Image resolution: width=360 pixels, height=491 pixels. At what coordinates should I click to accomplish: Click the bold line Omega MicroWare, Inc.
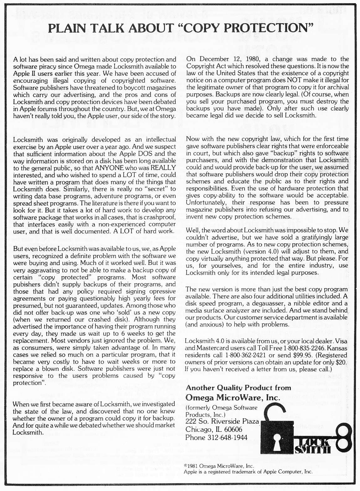(233, 397)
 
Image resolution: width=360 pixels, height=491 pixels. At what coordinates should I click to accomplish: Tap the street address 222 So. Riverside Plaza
(222, 421)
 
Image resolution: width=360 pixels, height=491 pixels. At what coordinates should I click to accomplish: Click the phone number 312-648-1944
(227, 437)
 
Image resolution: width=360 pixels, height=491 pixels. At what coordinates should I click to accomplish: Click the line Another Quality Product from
(239, 388)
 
